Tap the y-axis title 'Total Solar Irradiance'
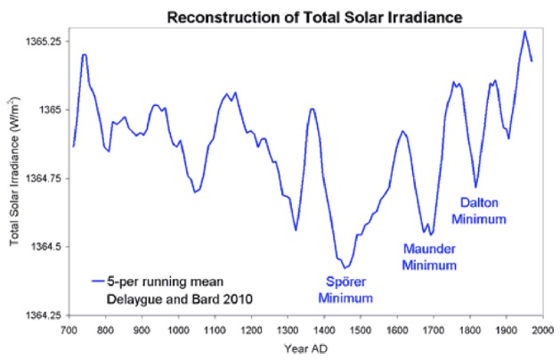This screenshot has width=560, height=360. (x=15, y=178)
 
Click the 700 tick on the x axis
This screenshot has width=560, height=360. (x=68, y=330)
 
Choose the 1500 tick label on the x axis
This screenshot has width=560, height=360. (x=360, y=330)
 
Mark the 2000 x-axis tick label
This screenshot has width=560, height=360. (x=543, y=330)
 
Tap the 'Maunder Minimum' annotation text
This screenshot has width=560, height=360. (x=430, y=257)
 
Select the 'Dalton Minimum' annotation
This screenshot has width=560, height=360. (x=480, y=210)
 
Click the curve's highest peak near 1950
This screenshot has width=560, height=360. (x=525, y=31)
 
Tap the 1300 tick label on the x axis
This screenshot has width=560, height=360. (x=288, y=330)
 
